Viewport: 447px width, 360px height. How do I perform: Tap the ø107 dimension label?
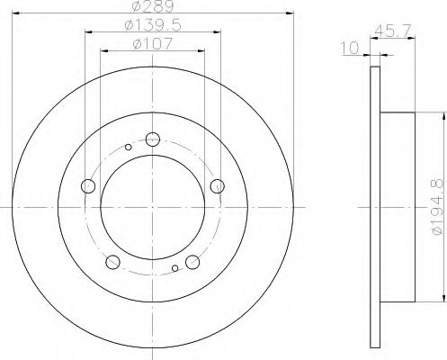(151, 43)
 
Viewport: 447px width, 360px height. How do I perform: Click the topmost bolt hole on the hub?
(152, 139)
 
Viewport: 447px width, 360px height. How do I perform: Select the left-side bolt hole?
(88, 186)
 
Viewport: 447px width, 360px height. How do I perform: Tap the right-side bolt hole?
(216, 185)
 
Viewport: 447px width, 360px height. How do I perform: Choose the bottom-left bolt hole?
(112, 262)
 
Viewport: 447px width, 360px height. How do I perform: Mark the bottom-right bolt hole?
(192, 262)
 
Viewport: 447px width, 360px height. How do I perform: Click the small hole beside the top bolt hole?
(129, 147)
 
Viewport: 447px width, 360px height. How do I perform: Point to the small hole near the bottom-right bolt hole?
(174, 266)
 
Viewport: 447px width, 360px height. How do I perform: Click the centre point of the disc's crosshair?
(152, 207)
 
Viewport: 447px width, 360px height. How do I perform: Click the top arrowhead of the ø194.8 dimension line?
(443, 115)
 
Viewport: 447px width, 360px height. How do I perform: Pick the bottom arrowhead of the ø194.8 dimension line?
(443, 298)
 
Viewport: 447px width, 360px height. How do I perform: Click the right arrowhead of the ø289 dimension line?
(291, 13)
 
